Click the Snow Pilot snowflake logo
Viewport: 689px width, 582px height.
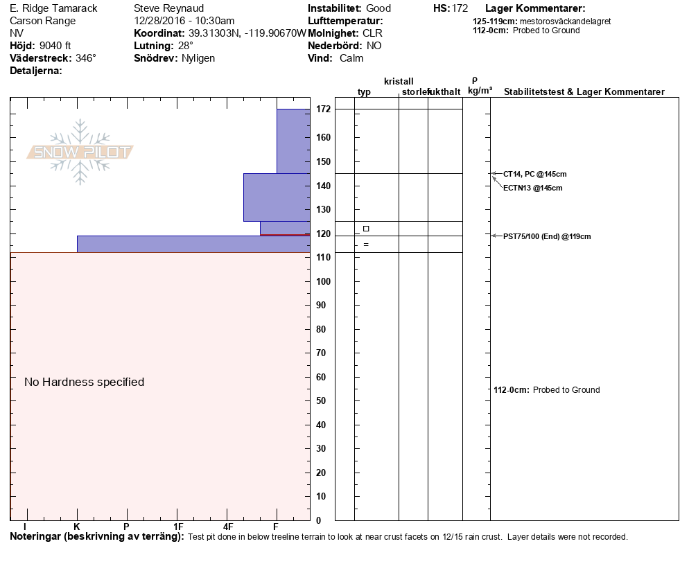click(80, 152)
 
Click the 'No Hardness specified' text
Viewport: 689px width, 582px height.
click(84, 382)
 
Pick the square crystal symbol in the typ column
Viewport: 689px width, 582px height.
click(366, 229)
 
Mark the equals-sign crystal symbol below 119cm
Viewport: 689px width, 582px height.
click(366, 244)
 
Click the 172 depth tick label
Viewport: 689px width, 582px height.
click(322, 109)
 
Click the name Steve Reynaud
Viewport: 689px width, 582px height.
click(168, 8)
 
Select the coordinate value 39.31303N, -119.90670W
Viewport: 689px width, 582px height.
click(247, 33)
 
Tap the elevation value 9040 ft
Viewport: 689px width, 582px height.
click(55, 46)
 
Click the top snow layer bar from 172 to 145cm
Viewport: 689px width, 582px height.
click(293, 141)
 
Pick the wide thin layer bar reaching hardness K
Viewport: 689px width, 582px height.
click(193, 244)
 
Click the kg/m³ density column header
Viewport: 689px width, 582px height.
click(480, 91)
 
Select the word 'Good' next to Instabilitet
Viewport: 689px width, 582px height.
click(378, 8)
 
